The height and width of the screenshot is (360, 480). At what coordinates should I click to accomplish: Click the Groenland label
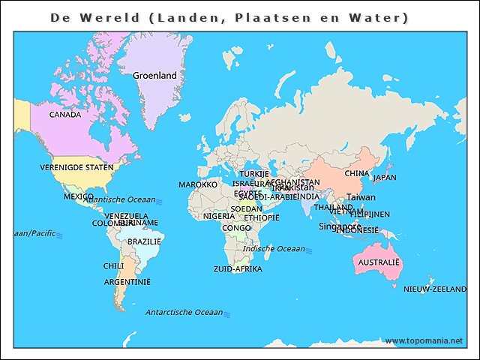(154, 76)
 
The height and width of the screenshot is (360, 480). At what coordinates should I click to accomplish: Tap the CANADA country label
(65, 115)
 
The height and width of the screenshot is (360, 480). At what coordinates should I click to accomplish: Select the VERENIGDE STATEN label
(76, 167)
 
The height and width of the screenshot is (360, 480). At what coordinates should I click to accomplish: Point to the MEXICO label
(78, 196)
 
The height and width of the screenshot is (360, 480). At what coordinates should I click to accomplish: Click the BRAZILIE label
(144, 241)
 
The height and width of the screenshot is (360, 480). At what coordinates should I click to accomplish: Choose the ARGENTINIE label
(127, 282)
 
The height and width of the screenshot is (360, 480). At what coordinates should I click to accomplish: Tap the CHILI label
(113, 265)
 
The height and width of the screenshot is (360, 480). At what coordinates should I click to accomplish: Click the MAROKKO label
(198, 184)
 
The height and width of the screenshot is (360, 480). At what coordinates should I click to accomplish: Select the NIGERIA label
(219, 217)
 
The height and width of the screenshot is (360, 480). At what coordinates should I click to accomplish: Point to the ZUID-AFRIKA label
(238, 268)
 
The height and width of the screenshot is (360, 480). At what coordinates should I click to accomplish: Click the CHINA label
(357, 173)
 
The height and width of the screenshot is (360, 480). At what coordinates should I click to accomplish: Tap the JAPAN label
(385, 178)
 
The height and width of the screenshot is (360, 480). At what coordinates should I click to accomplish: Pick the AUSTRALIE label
(379, 263)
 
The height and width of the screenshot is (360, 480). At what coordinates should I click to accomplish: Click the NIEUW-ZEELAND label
(435, 289)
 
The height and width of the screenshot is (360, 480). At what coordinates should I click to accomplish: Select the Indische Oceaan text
(274, 249)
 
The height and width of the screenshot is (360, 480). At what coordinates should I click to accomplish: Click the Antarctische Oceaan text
(184, 312)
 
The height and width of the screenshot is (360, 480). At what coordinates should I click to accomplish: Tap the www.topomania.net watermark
(424, 340)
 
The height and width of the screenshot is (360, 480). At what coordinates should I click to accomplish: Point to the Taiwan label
(361, 197)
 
